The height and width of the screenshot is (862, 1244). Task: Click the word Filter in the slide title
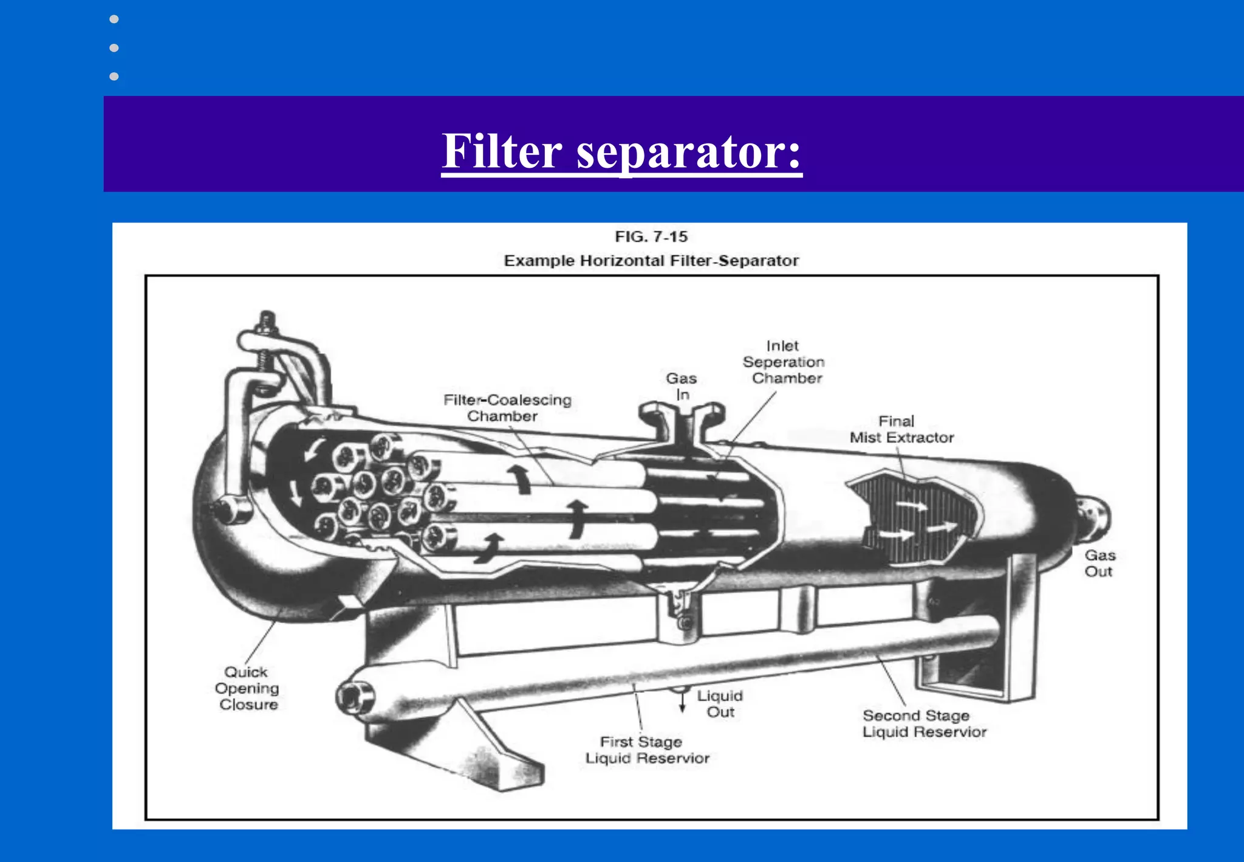pos(502,151)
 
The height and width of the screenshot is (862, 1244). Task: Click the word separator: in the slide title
pos(689,153)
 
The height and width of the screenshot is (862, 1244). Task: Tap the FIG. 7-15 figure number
pos(651,236)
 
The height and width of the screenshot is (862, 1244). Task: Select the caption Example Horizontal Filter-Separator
pos(651,261)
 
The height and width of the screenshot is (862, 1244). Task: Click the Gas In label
pos(682,387)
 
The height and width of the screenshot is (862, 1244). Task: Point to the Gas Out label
pos(1099,564)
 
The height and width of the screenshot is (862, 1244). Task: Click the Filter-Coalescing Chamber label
pos(507,408)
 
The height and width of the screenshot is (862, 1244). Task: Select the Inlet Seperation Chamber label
pos(784,362)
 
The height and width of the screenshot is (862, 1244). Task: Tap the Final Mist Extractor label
pos(901,429)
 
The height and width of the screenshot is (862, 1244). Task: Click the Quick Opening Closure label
pos(247,688)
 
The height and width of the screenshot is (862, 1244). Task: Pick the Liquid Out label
pos(720,704)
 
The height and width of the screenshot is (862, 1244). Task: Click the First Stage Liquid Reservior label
pos(646,750)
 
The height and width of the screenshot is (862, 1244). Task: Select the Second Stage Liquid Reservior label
pos(923,723)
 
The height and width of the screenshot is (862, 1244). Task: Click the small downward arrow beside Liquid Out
pos(682,703)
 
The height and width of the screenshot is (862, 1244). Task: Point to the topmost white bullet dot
pos(114,19)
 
